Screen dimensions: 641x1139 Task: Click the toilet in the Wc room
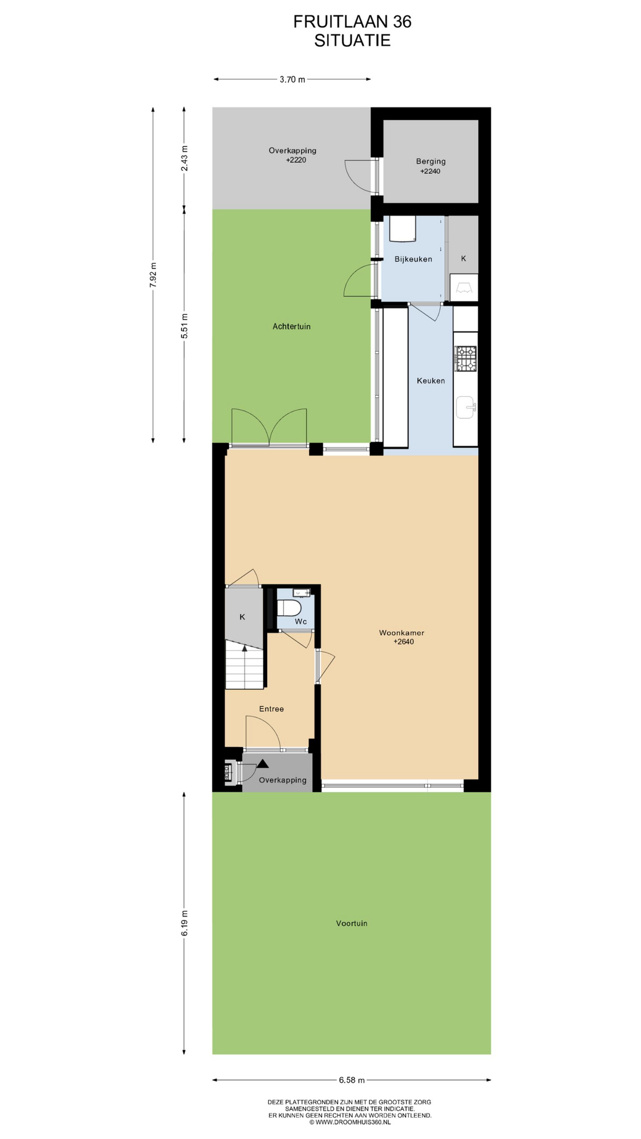coord(289,608)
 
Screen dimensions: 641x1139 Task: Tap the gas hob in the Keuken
coord(465,359)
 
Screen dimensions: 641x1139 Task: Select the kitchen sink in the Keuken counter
coord(466,408)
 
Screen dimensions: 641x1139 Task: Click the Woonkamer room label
coord(402,633)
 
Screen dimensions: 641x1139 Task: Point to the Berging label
coord(431,161)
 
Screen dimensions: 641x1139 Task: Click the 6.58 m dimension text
coord(352,1080)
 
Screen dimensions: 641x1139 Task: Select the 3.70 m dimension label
coord(293,79)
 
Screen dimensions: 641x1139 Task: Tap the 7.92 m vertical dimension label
coord(153,275)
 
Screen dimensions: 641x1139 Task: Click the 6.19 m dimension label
coord(185,923)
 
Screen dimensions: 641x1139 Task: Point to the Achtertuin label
coord(291,326)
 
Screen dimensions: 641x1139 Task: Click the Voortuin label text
coord(352,923)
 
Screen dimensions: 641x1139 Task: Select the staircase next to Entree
coord(245,664)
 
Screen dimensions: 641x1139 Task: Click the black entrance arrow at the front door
coord(262,763)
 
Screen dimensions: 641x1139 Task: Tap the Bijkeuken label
coord(413,259)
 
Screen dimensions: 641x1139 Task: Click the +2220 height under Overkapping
coord(296,160)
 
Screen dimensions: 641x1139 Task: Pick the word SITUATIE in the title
coord(353,40)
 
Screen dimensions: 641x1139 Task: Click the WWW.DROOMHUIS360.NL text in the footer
coord(353,1122)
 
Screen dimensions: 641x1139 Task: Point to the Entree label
coord(271,709)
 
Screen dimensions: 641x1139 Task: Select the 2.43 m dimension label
coord(185,158)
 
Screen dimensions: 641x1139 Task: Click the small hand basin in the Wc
coord(302,593)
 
